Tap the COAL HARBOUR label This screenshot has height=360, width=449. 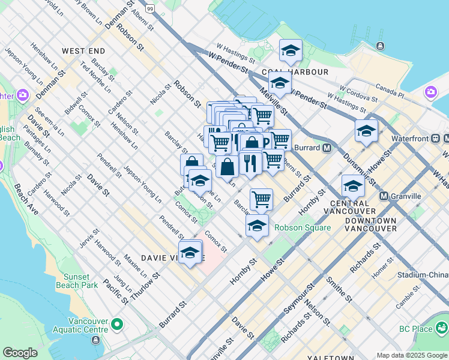tap(303, 72)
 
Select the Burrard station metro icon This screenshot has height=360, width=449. tap(327, 148)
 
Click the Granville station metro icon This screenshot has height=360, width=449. tap(384, 196)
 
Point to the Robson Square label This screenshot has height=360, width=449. tap(303, 227)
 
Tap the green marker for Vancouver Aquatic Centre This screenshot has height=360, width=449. tap(116, 325)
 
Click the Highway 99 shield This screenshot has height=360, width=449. tap(149, 8)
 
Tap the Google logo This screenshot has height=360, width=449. tap(20, 353)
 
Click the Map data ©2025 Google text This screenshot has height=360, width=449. tap(411, 355)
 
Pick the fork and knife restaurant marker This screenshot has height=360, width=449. tap(249, 163)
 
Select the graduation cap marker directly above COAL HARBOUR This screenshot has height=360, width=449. tap(291, 52)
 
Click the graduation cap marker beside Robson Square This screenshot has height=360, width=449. tap(257, 226)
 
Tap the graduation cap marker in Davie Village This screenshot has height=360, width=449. tap(190, 253)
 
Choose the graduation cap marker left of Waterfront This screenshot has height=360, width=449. tap(366, 131)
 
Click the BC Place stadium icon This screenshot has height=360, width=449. tap(442, 328)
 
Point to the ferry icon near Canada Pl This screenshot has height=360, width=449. tap(380, 46)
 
